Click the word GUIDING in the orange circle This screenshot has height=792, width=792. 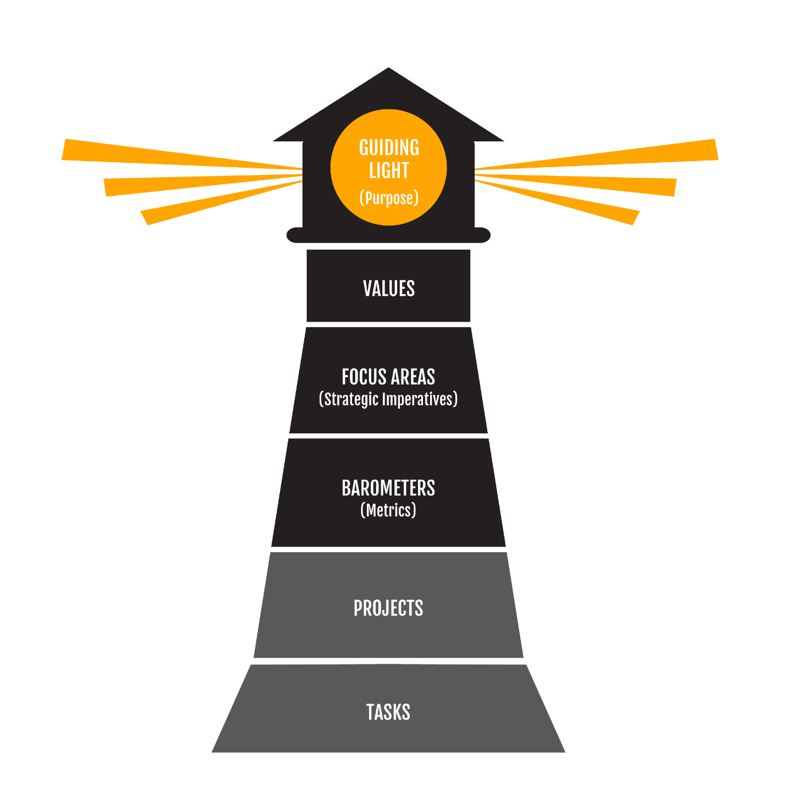click(389, 147)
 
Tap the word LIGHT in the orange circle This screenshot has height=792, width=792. click(389, 170)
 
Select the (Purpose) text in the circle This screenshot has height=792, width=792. click(389, 197)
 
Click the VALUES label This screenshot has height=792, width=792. click(389, 289)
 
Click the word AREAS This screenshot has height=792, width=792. click(413, 377)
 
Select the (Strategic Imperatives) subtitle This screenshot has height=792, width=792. click(388, 399)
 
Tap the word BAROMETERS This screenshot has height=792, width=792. click(388, 488)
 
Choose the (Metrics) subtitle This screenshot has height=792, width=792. click(388, 510)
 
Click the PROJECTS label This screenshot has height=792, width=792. click(388, 608)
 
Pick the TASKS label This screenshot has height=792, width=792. click(388, 712)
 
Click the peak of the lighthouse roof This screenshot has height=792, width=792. click(389, 71)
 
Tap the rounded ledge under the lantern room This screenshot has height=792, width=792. click(388, 235)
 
